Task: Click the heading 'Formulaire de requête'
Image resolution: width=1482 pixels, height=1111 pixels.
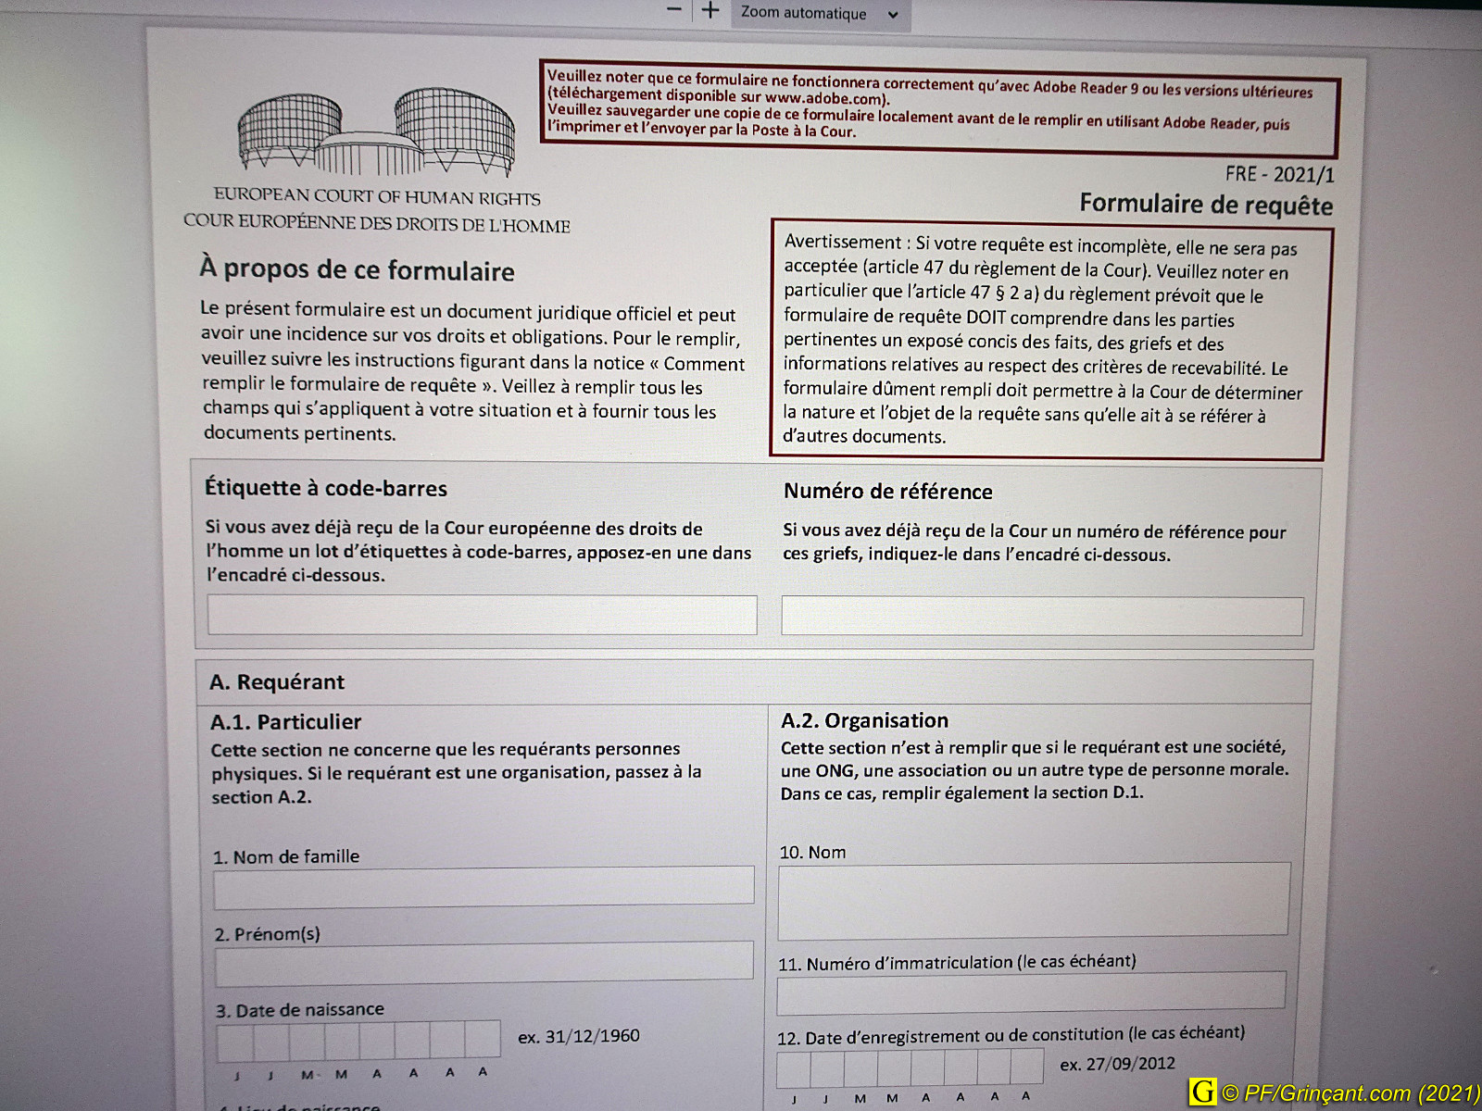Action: tap(1206, 205)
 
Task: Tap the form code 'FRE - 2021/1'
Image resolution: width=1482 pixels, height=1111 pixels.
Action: tap(1279, 174)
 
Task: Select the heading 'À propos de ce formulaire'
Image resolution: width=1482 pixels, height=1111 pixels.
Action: tap(357, 270)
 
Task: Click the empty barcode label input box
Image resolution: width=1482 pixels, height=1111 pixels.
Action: tap(482, 615)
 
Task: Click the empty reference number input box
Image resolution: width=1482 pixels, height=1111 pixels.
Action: tap(1041, 616)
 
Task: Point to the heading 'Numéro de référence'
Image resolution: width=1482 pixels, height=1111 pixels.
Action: tap(887, 492)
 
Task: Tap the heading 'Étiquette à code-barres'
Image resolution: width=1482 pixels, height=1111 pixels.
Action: tap(326, 489)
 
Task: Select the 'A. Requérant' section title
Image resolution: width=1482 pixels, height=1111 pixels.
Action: tap(277, 682)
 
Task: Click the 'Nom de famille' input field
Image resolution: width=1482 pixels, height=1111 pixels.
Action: tap(484, 885)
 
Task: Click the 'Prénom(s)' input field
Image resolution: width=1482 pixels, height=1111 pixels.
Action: tap(484, 961)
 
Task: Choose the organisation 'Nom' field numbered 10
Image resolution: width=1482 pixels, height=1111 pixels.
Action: tap(1033, 899)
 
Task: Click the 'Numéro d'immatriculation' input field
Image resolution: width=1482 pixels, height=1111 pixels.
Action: tap(1030, 991)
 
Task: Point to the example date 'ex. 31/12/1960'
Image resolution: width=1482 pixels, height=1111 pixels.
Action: tap(579, 1036)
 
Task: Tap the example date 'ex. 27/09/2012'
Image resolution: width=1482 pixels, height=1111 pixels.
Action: tap(1117, 1064)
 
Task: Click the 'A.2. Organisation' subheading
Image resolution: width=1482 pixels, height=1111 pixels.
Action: tap(864, 721)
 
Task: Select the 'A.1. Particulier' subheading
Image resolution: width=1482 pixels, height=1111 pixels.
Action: tap(285, 722)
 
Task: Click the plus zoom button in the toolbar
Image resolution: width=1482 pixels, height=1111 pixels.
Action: tap(710, 11)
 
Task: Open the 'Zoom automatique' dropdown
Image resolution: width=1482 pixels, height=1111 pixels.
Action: tap(819, 13)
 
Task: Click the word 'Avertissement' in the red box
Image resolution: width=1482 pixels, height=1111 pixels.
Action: tap(842, 243)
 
